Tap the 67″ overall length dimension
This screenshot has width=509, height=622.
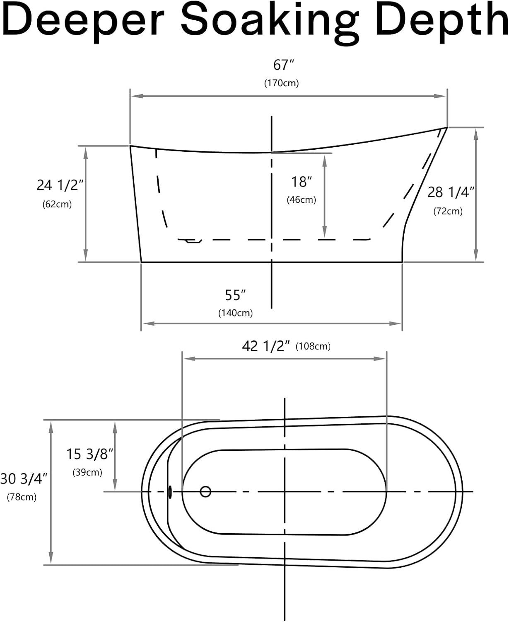pyautogui.click(x=283, y=65)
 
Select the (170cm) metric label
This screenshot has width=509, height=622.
pyautogui.click(x=281, y=83)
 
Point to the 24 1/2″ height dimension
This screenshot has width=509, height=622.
pyautogui.click(x=60, y=185)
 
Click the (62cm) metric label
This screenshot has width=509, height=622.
pyautogui.click(x=57, y=204)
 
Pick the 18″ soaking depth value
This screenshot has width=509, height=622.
pyautogui.click(x=302, y=182)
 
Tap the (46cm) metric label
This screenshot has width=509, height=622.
pyautogui.click(x=302, y=200)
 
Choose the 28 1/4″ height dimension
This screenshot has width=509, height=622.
pyautogui.click(x=451, y=192)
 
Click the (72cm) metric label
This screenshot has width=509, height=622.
pyautogui.click(x=448, y=211)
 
